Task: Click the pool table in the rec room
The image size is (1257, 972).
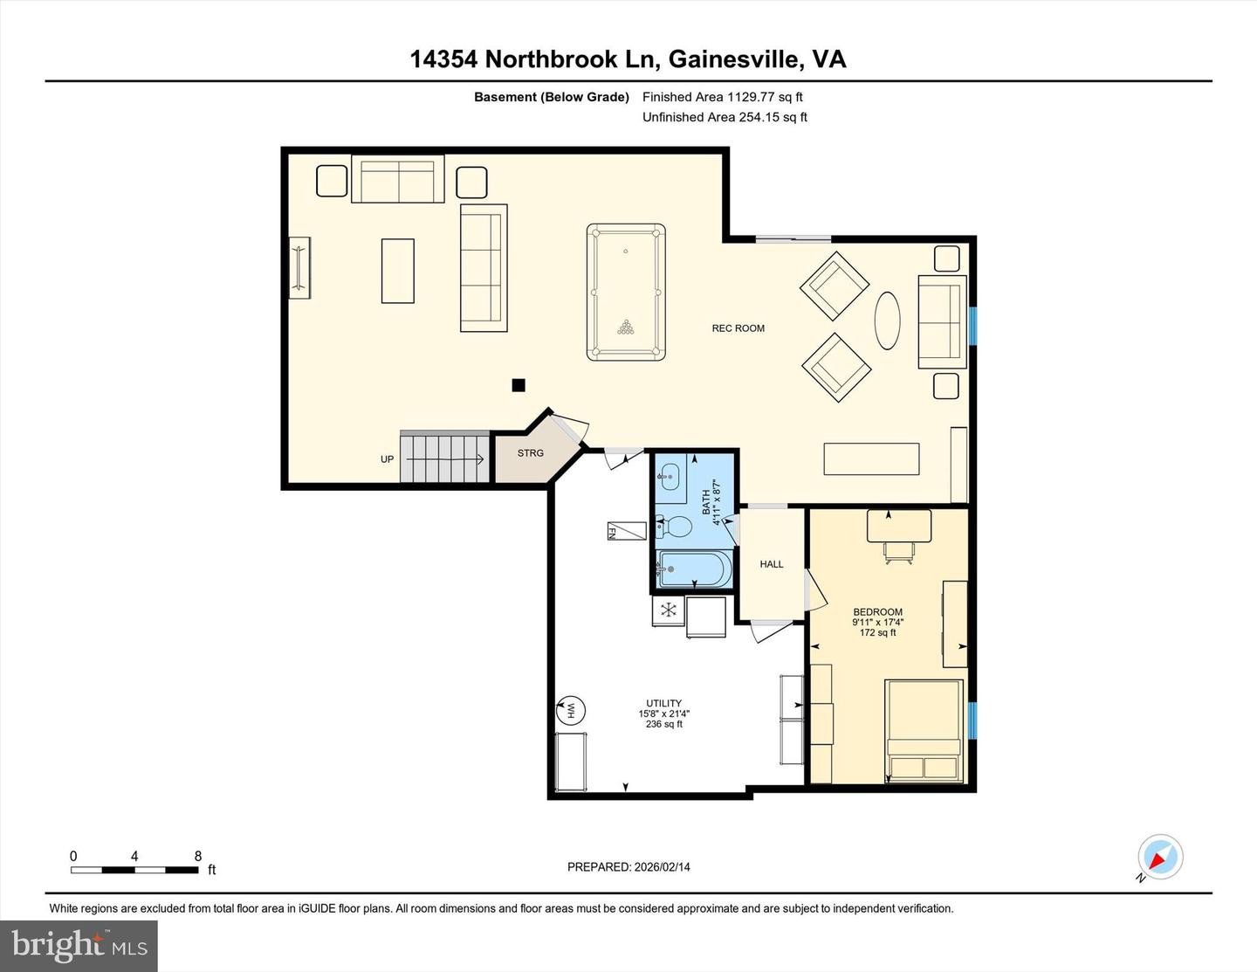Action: (x=626, y=292)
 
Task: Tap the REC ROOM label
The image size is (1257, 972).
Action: (x=738, y=328)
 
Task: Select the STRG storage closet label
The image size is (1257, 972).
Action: (x=530, y=453)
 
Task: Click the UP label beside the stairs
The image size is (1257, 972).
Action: (x=387, y=459)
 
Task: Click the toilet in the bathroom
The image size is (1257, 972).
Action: (x=675, y=527)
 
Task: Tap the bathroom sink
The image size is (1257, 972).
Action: (x=670, y=477)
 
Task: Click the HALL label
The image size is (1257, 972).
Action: (x=772, y=564)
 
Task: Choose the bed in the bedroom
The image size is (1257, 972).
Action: (x=924, y=730)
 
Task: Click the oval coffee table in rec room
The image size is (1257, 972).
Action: (x=887, y=321)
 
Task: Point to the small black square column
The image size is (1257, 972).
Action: (x=519, y=385)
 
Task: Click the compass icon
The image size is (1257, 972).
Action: (x=1160, y=857)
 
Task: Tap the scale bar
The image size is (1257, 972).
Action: (x=134, y=870)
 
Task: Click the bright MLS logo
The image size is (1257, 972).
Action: (x=79, y=946)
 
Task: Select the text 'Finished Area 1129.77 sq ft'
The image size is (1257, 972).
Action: (x=722, y=97)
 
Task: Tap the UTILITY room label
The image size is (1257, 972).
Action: (x=663, y=703)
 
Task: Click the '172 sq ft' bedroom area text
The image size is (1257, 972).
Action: (x=877, y=632)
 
